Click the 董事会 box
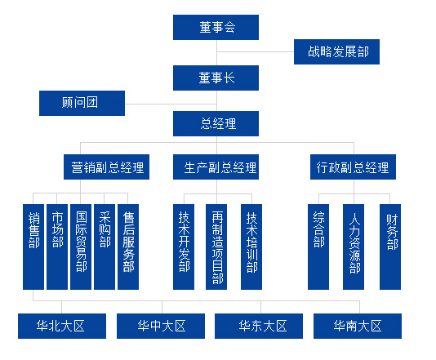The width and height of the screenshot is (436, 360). [x=216, y=27]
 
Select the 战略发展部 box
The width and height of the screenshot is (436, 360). [x=336, y=51]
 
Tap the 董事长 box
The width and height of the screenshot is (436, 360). [x=216, y=78]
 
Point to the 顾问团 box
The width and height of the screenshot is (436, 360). [x=82, y=103]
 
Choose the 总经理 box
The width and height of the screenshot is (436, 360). [x=216, y=124]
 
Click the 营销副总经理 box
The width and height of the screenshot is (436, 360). [x=106, y=167]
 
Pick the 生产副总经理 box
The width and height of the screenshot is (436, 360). [x=216, y=167]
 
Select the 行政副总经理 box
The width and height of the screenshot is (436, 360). [x=354, y=167]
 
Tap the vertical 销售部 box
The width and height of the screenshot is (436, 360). [x=33, y=247]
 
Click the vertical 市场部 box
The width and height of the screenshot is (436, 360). [x=57, y=247]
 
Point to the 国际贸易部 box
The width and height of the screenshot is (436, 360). [x=81, y=247]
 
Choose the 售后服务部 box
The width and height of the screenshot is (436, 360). [x=128, y=247]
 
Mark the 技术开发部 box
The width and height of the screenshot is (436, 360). [x=184, y=247]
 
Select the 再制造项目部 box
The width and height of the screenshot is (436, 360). [x=216, y=247]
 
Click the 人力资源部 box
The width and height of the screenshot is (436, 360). [x=354, y=247]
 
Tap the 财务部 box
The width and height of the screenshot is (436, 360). [x=390, y=247]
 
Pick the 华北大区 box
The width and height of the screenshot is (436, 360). [x=62, y=326]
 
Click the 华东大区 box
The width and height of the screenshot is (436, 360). [x=259, y=326]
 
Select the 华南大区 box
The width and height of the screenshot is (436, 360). [x=358, y=326]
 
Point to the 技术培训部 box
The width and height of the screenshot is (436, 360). [x=251, y=247]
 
